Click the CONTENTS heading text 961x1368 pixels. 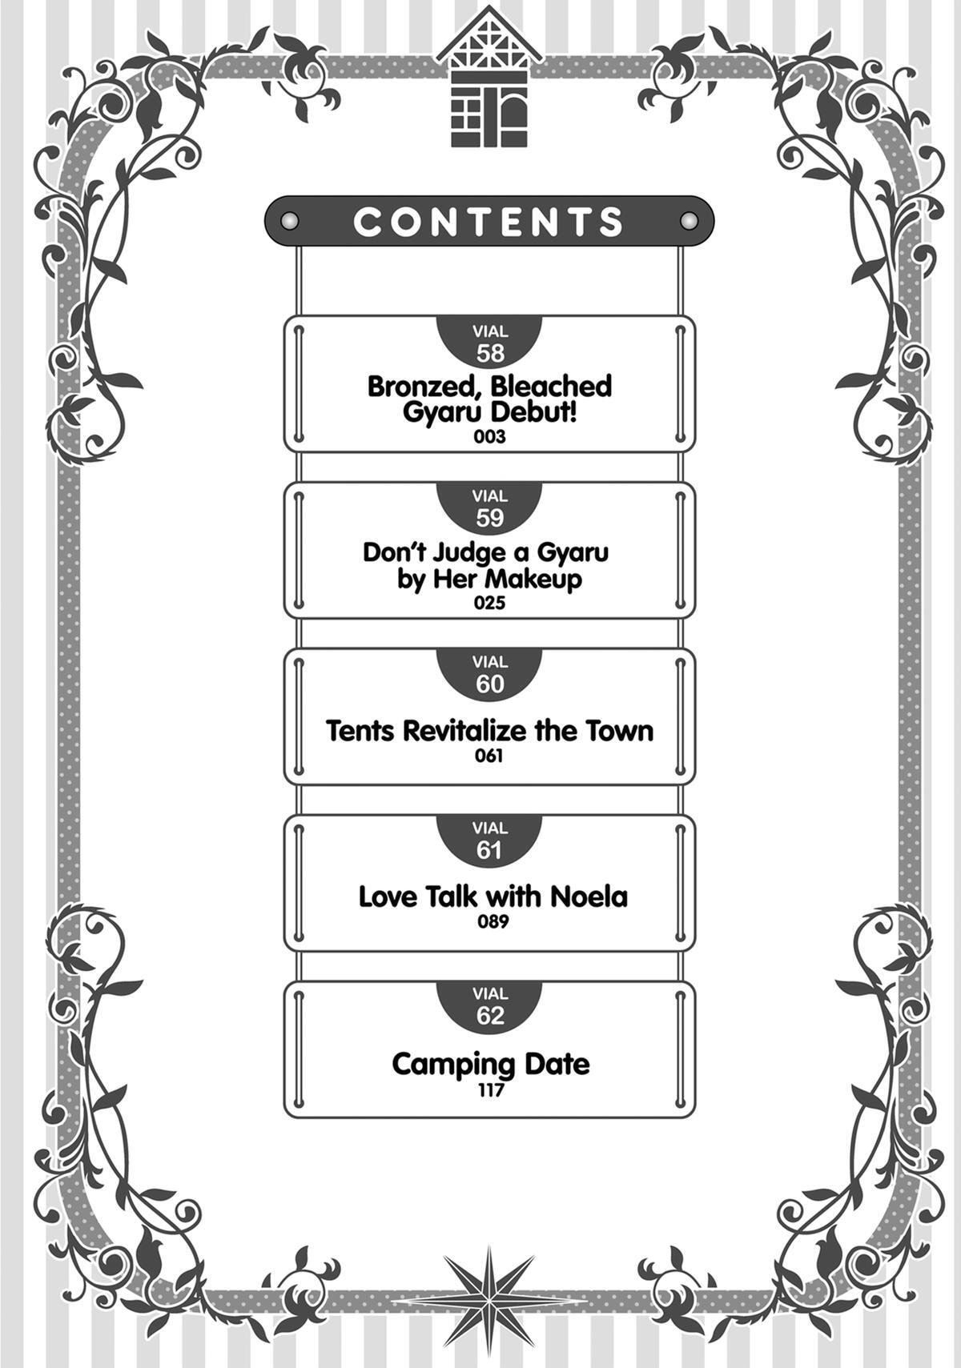coord(489,222)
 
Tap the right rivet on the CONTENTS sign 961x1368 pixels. coord(688,220)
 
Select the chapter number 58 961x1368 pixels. coord(489,354)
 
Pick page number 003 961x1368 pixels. coord(489,437)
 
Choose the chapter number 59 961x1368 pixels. coord(489,519)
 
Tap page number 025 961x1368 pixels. coord(489,604)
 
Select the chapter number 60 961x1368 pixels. coord(489,684)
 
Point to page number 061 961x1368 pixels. coord(489,756)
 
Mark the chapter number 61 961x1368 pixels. coord(489,851)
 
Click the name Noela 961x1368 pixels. coord(589,897)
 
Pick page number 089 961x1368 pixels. coord(493,921)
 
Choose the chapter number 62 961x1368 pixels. coord(489,1016)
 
